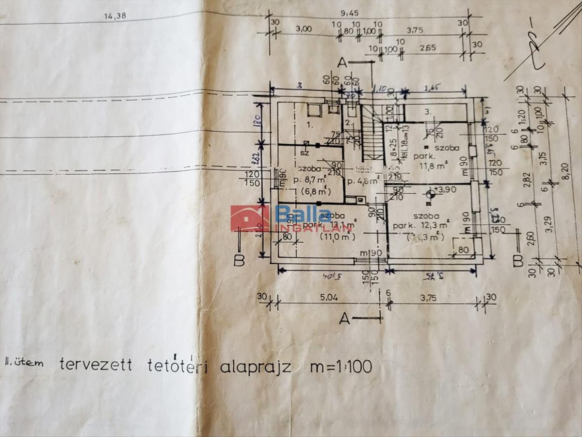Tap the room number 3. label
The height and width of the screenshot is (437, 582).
point(427,111)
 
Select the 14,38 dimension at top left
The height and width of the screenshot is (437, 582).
point(115,16)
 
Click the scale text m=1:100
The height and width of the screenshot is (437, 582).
point(341,367)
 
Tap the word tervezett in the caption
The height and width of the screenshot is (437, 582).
point(96,365)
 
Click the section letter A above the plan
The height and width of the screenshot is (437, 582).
point(342,63)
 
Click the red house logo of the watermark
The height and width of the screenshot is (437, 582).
point(250,218)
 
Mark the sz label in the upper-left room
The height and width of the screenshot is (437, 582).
point(305,152)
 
